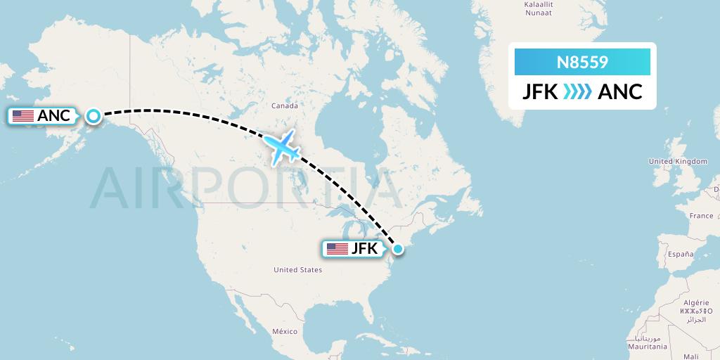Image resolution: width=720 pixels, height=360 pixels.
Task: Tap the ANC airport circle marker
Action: click(x=93, y=115)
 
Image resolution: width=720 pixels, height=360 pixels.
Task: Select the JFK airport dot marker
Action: click(x=398, y=248)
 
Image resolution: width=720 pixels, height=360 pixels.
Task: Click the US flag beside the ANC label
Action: click(x=23, y=116)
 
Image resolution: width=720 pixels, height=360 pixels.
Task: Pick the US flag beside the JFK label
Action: click(x=337, y=249)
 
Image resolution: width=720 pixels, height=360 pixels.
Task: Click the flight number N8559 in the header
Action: click(x=582, y=63)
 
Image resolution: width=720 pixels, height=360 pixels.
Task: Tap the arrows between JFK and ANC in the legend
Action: click(x=577, y=91)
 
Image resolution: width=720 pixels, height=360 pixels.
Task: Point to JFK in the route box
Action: click(x=540, y=91)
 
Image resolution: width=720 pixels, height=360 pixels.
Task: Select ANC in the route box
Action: click(x=620, y=91)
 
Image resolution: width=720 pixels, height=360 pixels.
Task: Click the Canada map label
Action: click(x=285, y=106)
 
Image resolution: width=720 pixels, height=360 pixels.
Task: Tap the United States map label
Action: click(x=297, y=269)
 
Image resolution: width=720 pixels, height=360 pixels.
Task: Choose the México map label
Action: click(x=285, y=331)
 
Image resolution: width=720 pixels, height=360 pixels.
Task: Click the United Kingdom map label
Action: click(x=678, y=162)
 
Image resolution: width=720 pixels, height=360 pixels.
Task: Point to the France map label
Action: click(x=701, y=216)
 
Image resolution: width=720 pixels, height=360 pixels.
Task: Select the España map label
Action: click(x=681, y=253)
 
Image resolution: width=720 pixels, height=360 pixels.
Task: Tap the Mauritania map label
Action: click(x=648, y=347)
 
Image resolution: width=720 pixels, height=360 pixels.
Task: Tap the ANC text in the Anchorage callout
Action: click(x=54, y=116)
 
